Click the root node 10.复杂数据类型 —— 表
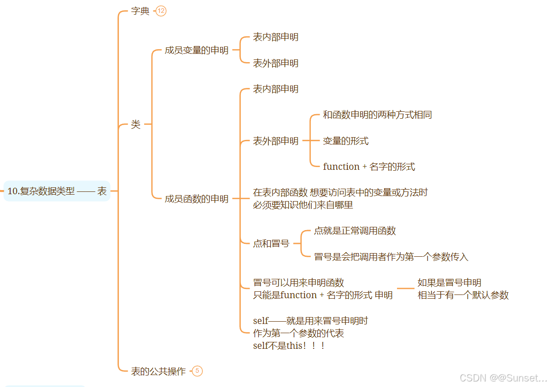coord(57,191)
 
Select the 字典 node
coord(140,11)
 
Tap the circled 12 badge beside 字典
coord(161,11)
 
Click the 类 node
coord(135,124)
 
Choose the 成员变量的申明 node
coord(197,50)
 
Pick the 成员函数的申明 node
coord(197,199)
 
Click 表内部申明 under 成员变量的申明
coord(275,37)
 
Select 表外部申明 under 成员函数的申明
coord(275,141)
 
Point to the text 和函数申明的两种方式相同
coord(377,115)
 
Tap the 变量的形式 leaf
coord(345,141)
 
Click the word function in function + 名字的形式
coord(341,167)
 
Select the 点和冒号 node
coord(271,243)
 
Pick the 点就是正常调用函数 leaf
coord(355,231)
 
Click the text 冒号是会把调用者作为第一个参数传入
coord(391,257)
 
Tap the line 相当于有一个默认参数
coord(463,295)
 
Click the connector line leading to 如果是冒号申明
coord(405,289)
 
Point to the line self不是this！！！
coord(290,346)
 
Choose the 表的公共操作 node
coord(158,371)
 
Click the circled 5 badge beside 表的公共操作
coord(197,371)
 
